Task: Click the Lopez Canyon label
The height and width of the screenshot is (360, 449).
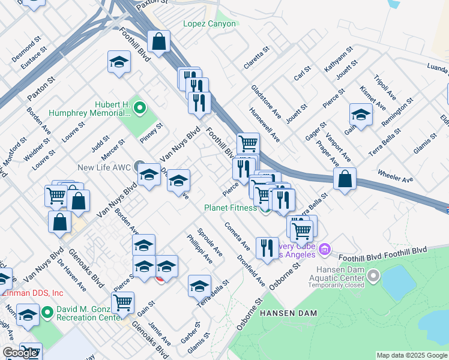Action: click(x=209, y=25)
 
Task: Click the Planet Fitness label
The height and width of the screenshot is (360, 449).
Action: click(x=231, y=208)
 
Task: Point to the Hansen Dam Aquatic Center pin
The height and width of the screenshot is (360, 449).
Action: click(x=373, y=276)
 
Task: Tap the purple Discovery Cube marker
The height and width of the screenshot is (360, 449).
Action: click(x=325, y=248)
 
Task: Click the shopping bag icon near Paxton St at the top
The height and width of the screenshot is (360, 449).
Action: click(x=159, y=42)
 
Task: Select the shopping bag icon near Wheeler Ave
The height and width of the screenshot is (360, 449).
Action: click(x=345, y=179)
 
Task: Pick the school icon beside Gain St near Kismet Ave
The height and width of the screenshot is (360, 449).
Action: click(x=361, y=114)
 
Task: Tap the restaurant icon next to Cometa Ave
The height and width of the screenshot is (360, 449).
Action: click(x=267, y=247)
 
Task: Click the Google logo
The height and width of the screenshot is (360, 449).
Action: click(x=20, y=353)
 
